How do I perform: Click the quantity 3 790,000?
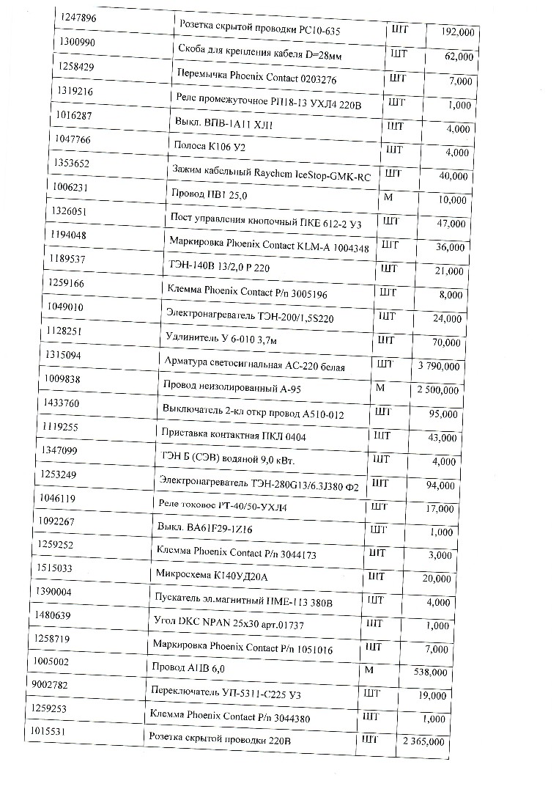click(x=438, y=367)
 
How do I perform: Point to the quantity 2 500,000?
click(x=437, y=390)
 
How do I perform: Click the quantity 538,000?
click(x=426, y=672)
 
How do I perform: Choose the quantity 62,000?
click(x=459, y=56)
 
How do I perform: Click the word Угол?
click(x=165, y=623)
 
